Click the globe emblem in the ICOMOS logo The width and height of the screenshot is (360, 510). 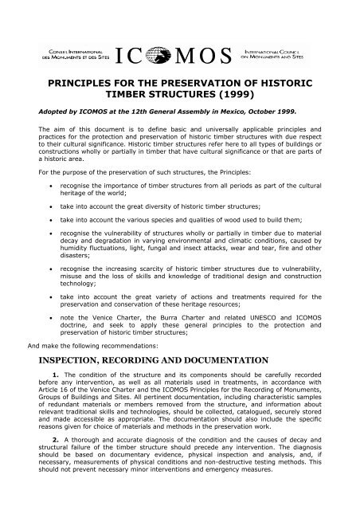[179, 57]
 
